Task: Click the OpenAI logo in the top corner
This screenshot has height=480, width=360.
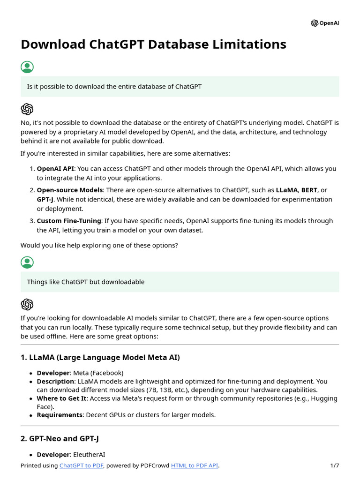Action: coord(324,23)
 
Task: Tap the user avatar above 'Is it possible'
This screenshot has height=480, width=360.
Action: coord(27,67)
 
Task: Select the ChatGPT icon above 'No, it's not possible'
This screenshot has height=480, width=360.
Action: coord(27,109)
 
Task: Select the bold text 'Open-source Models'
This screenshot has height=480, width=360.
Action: coord(69,190)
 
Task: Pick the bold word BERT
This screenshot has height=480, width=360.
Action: coord(309,190)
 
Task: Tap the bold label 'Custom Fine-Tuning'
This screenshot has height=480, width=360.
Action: coord(69,221)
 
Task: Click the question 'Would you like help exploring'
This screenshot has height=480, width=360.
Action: coord(99,246)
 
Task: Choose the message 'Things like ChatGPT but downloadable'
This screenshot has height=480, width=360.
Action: coord(86,282)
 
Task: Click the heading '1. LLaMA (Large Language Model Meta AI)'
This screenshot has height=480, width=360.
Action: coord(100,358)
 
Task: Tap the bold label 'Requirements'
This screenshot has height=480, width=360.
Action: coord(59,415)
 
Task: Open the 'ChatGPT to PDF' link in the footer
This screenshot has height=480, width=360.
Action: coord(82,465)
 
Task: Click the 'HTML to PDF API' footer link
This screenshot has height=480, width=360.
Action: coord(195,465)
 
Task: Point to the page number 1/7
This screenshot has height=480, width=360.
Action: coord(334,465)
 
